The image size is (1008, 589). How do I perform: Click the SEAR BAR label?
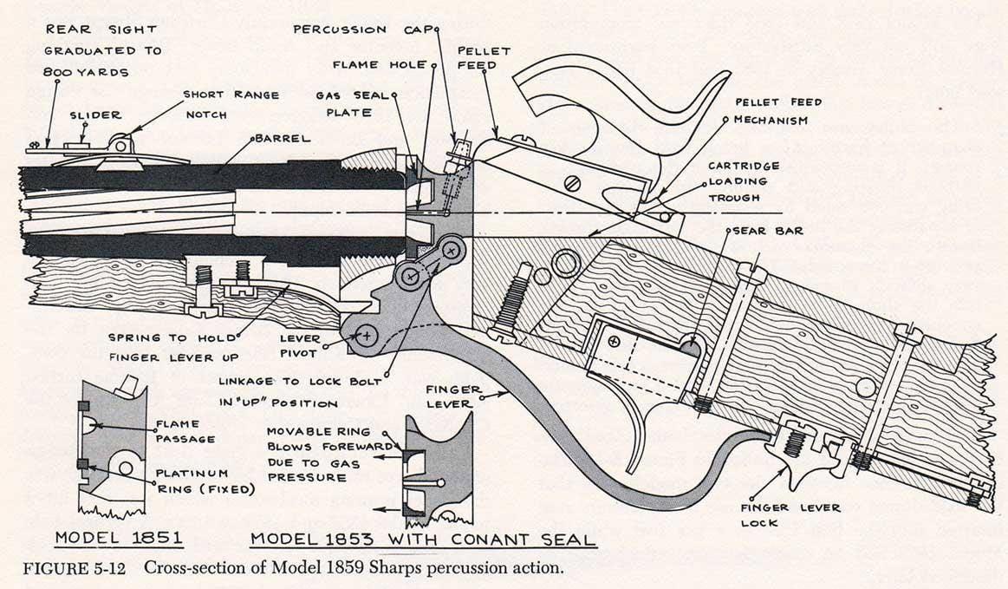coord(768,231)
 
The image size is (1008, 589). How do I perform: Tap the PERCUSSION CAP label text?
coord(362,29)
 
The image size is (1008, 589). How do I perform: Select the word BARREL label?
coord(283,138)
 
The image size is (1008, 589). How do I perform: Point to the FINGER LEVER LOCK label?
coord(790,515)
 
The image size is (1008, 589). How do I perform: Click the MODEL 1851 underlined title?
coord(118,538)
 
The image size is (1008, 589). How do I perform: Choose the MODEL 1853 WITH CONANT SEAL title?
coord(423,539)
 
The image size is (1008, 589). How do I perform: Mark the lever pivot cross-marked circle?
coord(367,335)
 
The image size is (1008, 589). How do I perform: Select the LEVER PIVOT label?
coord(300,345)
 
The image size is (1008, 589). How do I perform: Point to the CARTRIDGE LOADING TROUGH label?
coord(744,181)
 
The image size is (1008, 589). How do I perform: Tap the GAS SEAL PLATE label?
coord(352,103)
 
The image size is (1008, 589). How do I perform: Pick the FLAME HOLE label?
coord(380,65)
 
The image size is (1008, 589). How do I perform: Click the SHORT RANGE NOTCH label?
coord(231,104)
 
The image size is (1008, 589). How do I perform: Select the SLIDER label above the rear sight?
coord(96,115)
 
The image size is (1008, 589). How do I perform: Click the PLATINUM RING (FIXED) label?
coord(205,481)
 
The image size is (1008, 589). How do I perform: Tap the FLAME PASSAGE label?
coord(185,431)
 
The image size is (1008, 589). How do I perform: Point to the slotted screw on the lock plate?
coord(571,184)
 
